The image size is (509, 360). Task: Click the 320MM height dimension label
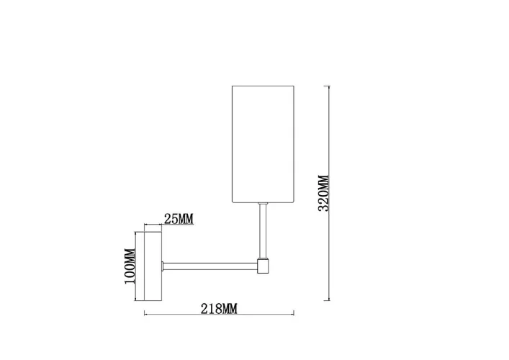pos(324,193)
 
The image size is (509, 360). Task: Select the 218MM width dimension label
pos(219,309)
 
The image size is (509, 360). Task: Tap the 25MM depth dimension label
pos(179,219)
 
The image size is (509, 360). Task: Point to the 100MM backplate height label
pos(130,266)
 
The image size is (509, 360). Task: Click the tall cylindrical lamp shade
pos(263,145)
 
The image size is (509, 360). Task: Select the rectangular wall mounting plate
pos(153,266)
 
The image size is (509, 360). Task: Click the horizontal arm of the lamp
pos(210,266)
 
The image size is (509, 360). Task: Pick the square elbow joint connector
pos(263,266)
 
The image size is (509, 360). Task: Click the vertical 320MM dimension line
pos(329,193)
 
